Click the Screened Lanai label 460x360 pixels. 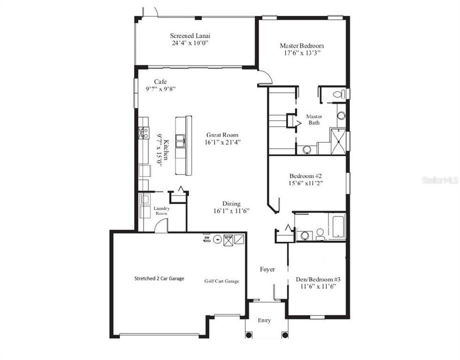(x=190, y=35)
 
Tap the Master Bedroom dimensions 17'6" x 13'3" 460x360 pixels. (x=301, y=52)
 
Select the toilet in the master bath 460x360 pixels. (x=338, y=94)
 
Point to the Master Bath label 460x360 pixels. (x=314, y=119)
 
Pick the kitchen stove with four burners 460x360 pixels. (x=143, y=132)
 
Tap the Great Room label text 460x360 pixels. (x=223, y=135)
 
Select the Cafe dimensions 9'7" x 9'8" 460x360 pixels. (x=161, y=88)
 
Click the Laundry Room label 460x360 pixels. (x=162, y=210)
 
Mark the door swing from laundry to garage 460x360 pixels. (x=161, y=225)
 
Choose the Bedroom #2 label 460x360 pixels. (x=305, y=176)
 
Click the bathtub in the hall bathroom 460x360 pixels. (x=337, y=225)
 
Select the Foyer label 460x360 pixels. (x=267, y=269)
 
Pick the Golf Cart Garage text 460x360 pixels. (x=222, y=281)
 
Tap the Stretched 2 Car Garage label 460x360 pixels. (x=159, y=278)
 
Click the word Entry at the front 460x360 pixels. (x=265, y=320)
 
